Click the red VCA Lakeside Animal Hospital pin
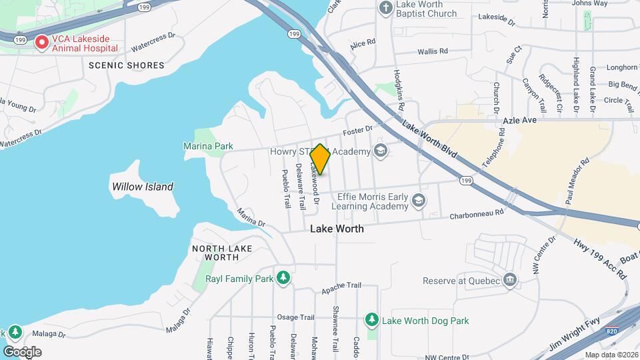pos(41,43)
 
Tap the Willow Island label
pos(143,187)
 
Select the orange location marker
pos(320,160)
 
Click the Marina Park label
pos(208,146)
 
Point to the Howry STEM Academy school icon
pos(381,151)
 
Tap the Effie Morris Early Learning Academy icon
pos(418,201)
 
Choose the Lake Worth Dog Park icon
pos(371,321)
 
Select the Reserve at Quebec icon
pos(510,280)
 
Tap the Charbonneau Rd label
pos(476,214)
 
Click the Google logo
pos(21,351)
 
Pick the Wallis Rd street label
pos(434,51)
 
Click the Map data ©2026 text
pos(611,355)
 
